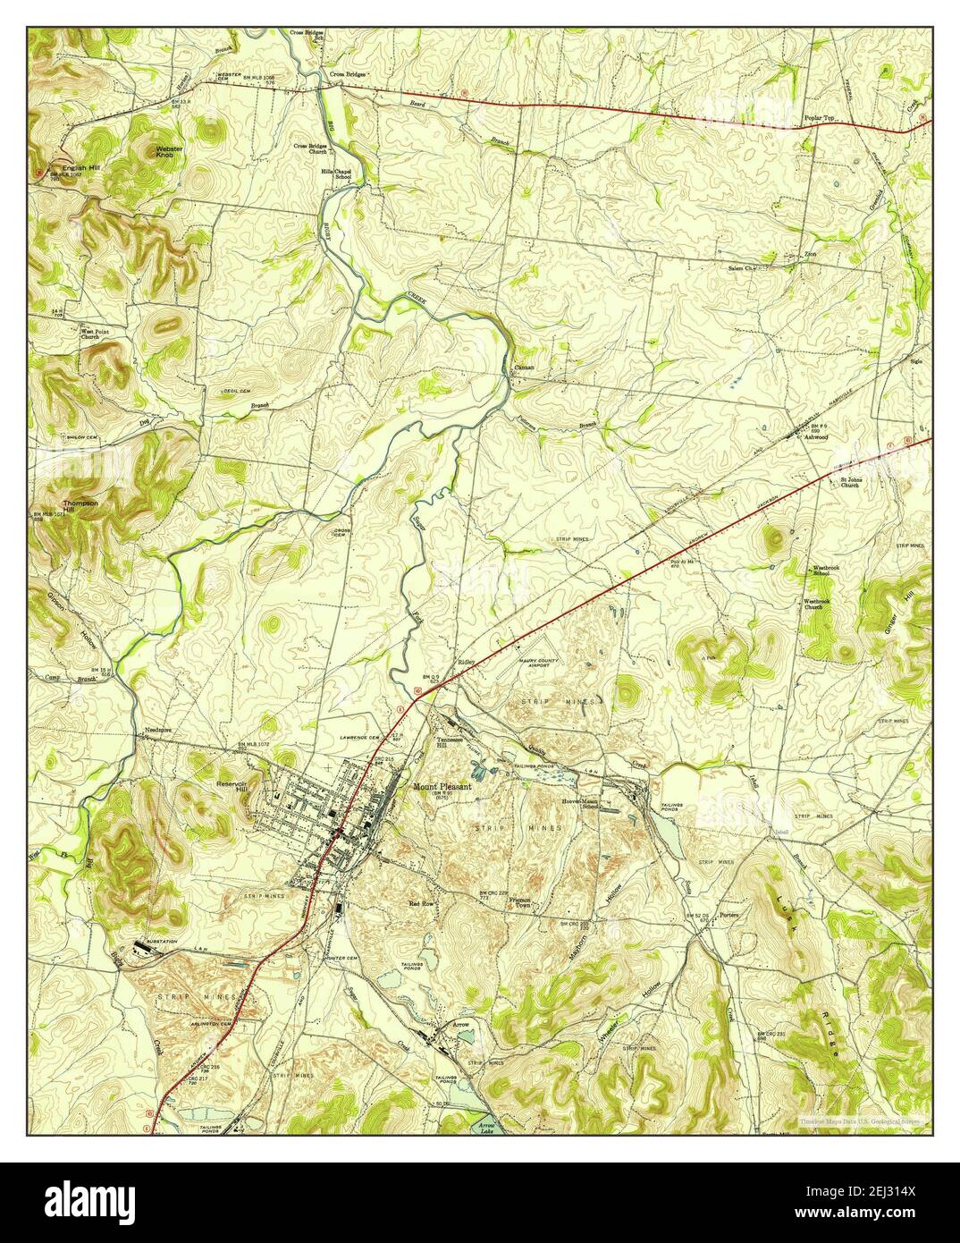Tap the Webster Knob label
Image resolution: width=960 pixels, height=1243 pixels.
170,152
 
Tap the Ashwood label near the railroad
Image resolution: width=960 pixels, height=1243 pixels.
818,438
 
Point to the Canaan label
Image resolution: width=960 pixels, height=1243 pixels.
524,367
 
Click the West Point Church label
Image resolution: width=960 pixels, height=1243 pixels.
91,334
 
